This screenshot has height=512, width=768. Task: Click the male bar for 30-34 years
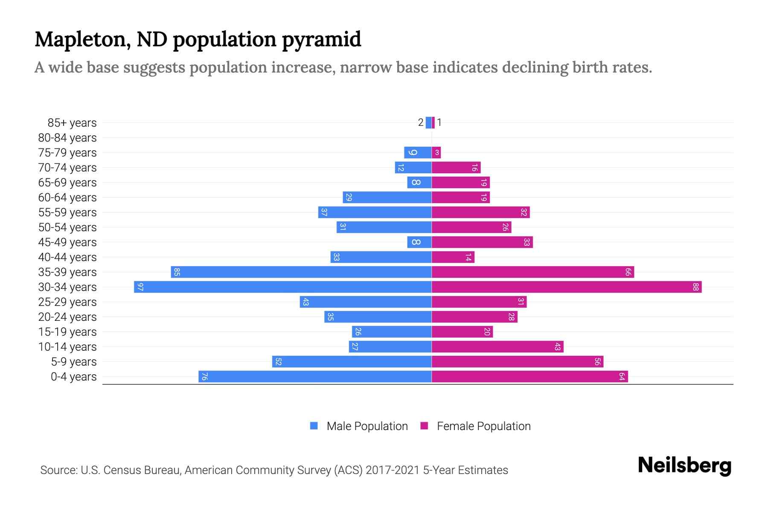pyautogui.click(x=282, y=287)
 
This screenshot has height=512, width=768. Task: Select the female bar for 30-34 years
pyautogui.click(x=567, y=287)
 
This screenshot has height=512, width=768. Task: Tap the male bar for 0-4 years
pyautogui.click(x=315, y=376)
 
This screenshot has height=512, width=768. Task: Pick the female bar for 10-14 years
pyautogui.click(x=497, y=346)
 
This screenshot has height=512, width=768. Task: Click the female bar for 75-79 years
pyautogui.click(x=436, y=152)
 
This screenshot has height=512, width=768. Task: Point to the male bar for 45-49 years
pyautogui.click(x=419, y=242)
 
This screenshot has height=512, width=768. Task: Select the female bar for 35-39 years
pyautogui.click(x=533, y=272)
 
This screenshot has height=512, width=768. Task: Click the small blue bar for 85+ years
pyautogui.click(x=428, y=122)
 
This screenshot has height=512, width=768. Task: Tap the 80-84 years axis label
pyautogui.click(x=67, y=137)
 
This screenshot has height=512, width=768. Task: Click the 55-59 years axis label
pyautogui.click(x=67, y=212)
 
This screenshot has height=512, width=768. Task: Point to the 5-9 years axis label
pyautogui.click(x=74, y=361)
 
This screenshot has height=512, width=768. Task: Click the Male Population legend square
pyautogui.click(x=314, y=426)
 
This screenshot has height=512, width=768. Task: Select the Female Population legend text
pyautogui.click(x=483, y=426)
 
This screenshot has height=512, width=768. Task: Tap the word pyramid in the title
pyautogui.click(x=321, y=39)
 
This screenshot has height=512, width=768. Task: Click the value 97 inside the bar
pyautogui.click(x=140, y=287)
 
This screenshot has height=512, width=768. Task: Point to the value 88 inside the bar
pyautogui.click(x=695, y=287)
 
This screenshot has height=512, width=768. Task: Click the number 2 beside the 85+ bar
pyautogui.click(x=421, y=122)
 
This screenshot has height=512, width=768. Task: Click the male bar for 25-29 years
pyautogui.click(x=366, y=302)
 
